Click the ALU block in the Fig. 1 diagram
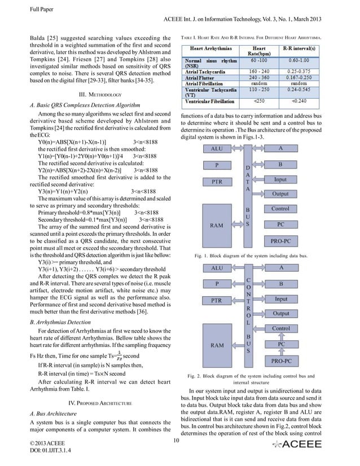click(216, 149)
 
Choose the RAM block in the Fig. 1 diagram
click(216, 224)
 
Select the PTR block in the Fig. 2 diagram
click(216, 300)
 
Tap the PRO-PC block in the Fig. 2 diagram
click(280, 359)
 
